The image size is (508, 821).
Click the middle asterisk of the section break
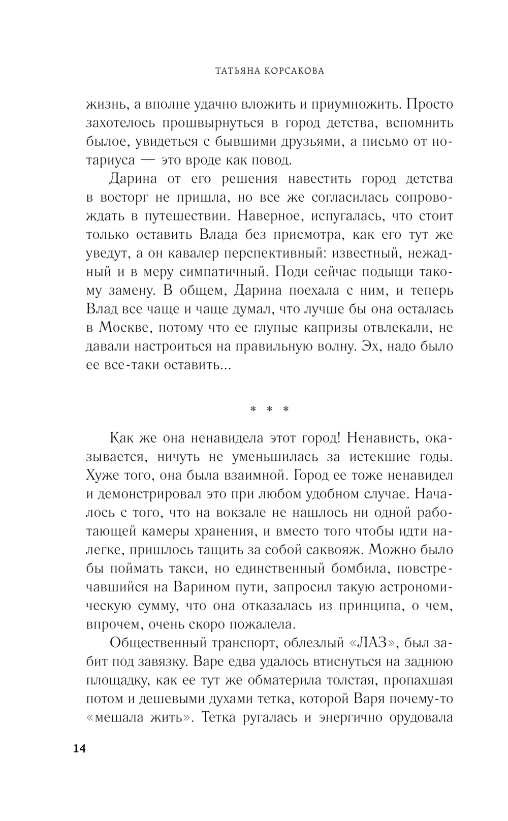(270, 409)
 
